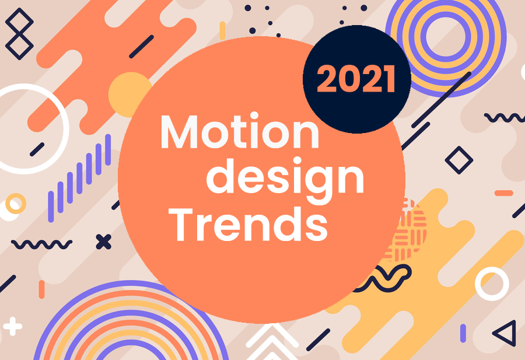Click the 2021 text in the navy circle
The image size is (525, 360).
(356, 79)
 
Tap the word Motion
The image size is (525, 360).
(240, 131)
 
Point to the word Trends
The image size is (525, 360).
(248, 225)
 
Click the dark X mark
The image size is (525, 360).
(103, 242)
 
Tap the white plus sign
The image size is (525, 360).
(13, 326)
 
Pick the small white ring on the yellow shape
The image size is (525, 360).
(492, 284)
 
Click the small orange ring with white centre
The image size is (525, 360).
(15, 204)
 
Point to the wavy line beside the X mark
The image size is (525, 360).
(42, 244)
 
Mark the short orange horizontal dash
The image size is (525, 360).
(503, 193)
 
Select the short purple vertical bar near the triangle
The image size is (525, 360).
(463, 333)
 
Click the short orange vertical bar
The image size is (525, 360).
(41, 289)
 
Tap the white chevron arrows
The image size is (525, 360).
(272, 342)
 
